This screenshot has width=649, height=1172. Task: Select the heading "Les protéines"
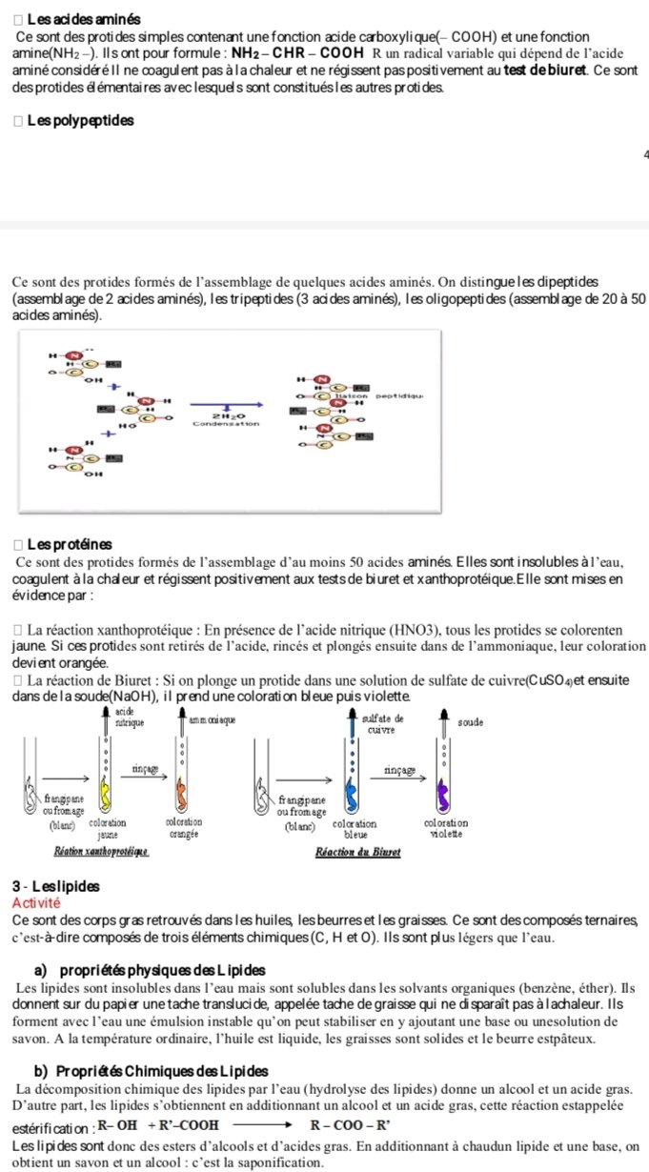(x=70, y=545)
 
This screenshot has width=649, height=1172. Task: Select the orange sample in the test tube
(x=184, y=790)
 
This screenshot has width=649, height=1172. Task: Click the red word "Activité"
(x=34, y=902)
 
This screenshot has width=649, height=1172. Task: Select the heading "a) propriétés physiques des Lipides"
(x=140, y=970)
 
